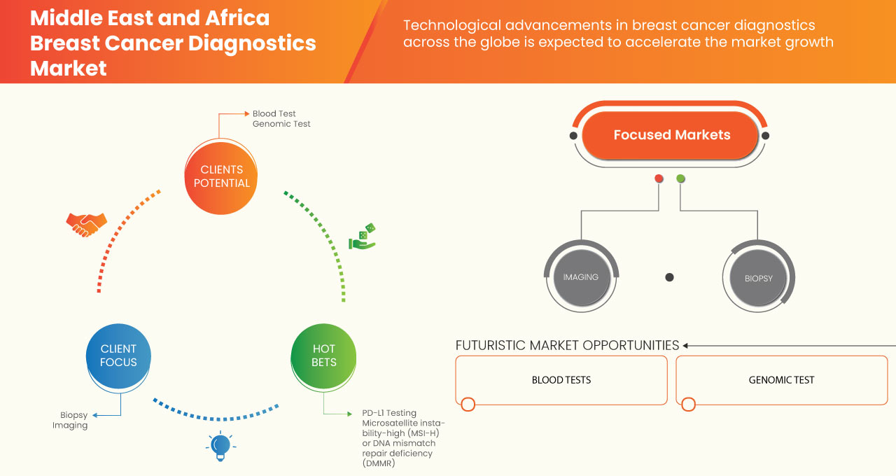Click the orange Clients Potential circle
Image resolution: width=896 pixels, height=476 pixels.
point(220,176)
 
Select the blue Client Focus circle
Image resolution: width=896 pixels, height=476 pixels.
point(118,356)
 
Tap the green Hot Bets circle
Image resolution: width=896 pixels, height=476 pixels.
point(323,356)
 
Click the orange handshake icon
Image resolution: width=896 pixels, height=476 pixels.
point(86,224)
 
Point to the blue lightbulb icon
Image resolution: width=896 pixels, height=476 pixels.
point(220,446)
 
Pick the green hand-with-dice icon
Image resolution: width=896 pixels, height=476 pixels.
point(363,237)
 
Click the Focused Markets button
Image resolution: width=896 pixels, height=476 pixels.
point(671,135)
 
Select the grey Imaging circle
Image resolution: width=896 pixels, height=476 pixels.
point(581,277)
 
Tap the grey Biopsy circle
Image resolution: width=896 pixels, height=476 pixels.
point(758,278)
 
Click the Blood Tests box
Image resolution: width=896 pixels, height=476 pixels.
point(561,380)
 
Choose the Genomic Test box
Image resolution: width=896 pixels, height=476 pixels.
point(781,380)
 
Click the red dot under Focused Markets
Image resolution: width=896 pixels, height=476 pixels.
point(659,179)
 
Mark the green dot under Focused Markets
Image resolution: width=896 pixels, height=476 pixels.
point(680,179)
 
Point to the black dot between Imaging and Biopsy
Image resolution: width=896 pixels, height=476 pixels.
point(669,277)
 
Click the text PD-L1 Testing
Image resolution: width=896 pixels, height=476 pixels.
point(389,413)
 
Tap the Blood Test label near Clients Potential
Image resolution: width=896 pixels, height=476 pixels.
point(274,113)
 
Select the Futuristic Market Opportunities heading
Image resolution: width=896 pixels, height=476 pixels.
point(567,345)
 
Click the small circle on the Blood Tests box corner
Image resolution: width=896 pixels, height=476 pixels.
point(468,404)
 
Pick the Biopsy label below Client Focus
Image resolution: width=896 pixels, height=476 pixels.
point(73,414)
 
